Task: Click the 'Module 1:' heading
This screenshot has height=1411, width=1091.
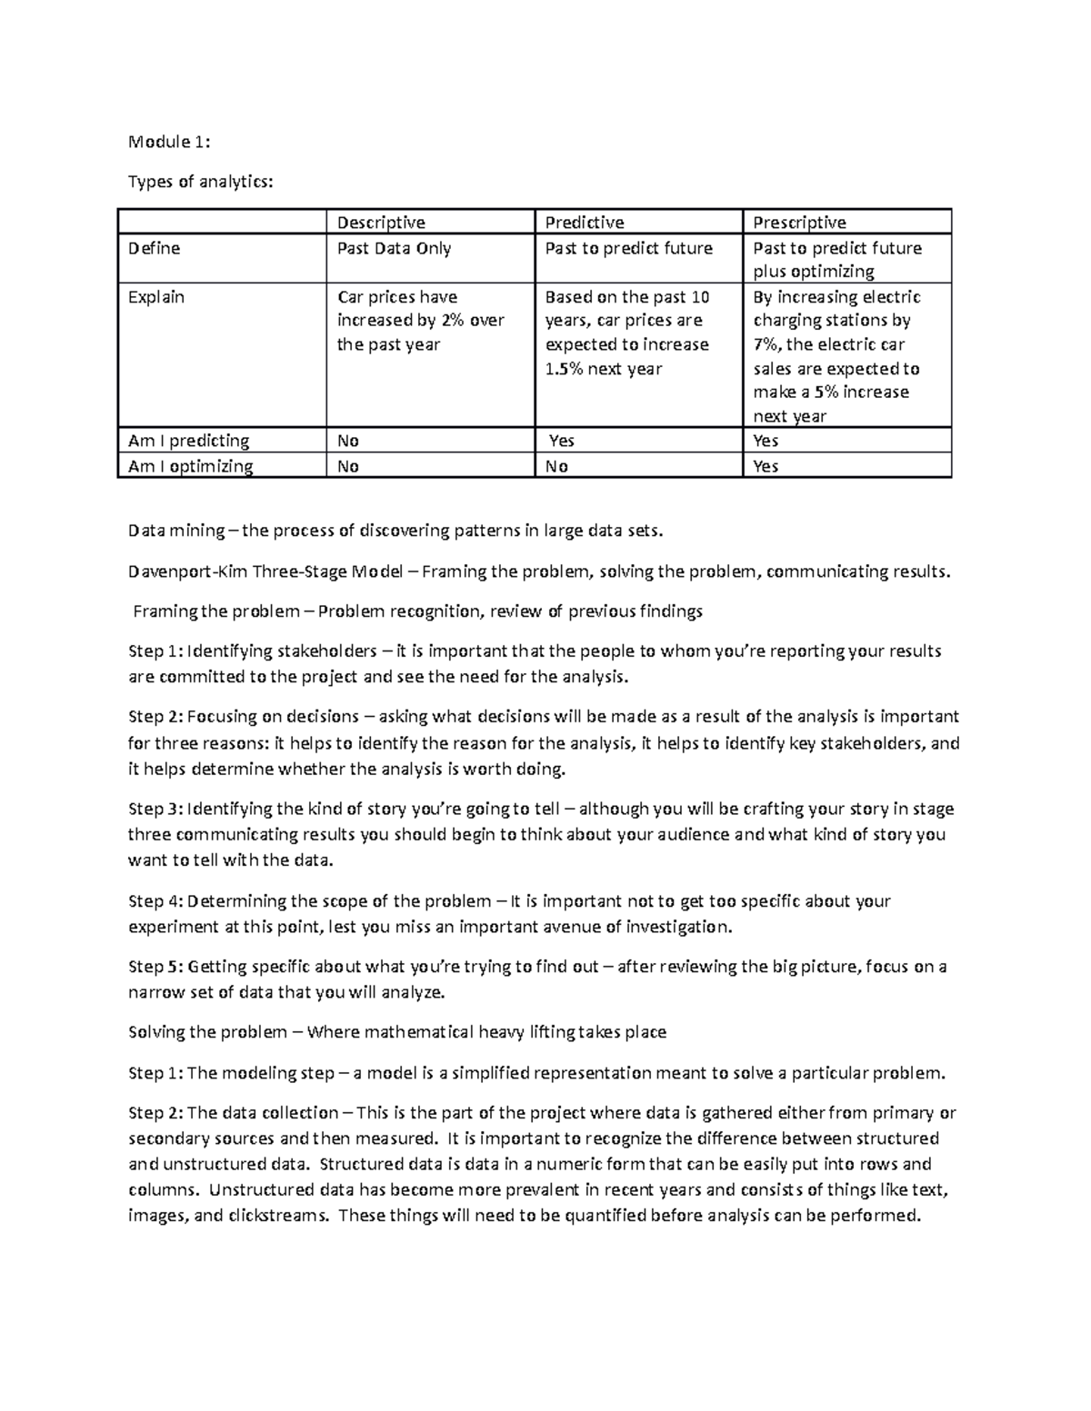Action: pos(169,142)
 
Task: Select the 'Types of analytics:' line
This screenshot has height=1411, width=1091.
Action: pos(200,182)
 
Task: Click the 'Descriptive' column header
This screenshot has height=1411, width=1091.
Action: pos(381,223)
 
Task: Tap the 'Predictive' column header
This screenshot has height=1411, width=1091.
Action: pos(585,223)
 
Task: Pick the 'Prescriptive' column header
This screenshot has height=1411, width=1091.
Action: pos(799,223)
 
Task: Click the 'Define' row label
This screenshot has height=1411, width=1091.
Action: pos(155,248)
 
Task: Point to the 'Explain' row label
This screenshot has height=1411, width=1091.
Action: pos(156,297)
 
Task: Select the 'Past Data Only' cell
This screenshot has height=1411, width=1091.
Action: pos(394,248)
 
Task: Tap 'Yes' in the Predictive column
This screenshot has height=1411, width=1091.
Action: pos(562,441)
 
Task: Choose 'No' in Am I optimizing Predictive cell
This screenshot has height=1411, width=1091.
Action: pos(556,466)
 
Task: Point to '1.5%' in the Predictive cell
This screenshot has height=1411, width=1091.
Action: pos(564,369)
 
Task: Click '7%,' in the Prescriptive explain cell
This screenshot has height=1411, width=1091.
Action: pos(767,344)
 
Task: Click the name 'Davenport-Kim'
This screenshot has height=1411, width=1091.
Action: pos(187,571)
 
